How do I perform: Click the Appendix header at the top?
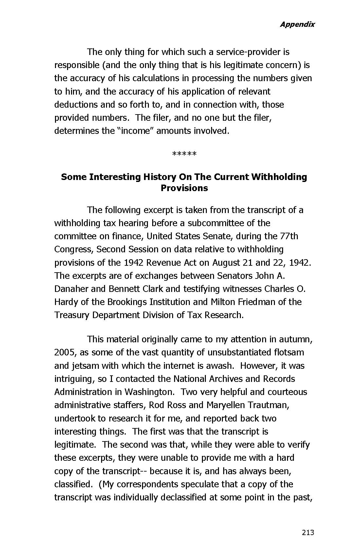click(x=297, y=24)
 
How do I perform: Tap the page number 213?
click(x=308, y=532)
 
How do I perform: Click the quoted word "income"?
click(x=135, y=131)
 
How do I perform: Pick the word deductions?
click(x=75, y=105)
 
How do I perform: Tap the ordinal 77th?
click(x=289, y=236)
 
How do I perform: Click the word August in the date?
click(x=226, y=263)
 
